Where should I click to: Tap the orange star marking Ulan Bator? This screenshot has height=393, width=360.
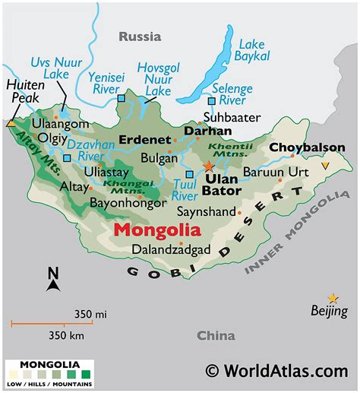(210, 166)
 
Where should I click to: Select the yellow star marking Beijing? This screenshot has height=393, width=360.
(332, 298)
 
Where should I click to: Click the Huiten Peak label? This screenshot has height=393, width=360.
(24, 92)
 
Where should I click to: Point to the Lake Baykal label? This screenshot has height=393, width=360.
(251, 50)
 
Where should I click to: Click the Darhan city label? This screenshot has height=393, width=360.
(207, 131)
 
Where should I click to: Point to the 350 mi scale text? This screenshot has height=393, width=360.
(90, 313)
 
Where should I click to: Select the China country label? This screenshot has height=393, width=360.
(216, 335)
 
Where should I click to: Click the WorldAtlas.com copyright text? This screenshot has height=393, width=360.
(276, 371)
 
